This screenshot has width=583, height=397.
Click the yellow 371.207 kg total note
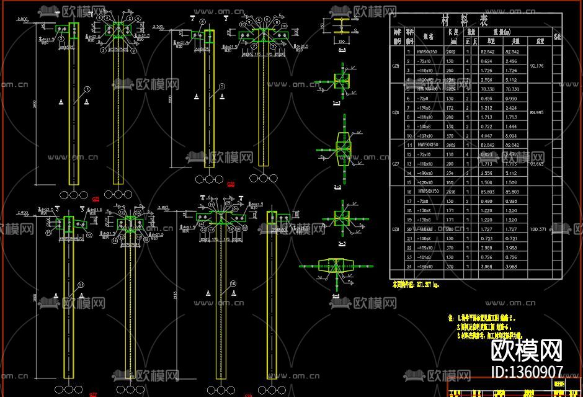[x=416, y=285]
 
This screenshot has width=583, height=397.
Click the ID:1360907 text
[x=527, y=372]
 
